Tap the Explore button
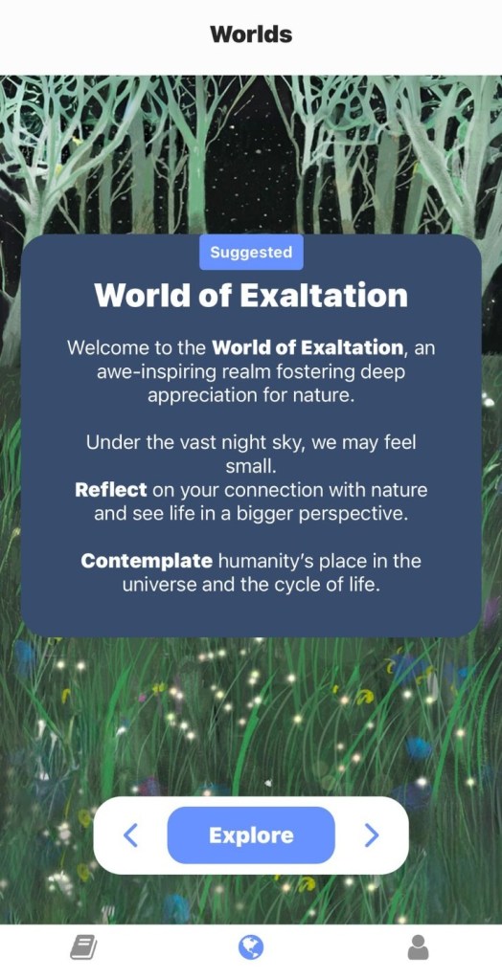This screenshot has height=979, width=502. coord(251,835)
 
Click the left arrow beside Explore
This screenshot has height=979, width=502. coord(130,835)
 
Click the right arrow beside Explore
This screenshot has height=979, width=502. coord(372,835)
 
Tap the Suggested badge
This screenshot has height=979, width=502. coord(251,253)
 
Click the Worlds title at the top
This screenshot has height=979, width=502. coord(251,33)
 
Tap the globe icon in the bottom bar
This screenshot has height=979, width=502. coord(251,948)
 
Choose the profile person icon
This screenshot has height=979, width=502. coord(419,948)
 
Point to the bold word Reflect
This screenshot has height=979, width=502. coord(111,490)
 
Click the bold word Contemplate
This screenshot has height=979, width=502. coord(147,562)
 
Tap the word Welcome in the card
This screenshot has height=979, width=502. coord(103,347)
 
